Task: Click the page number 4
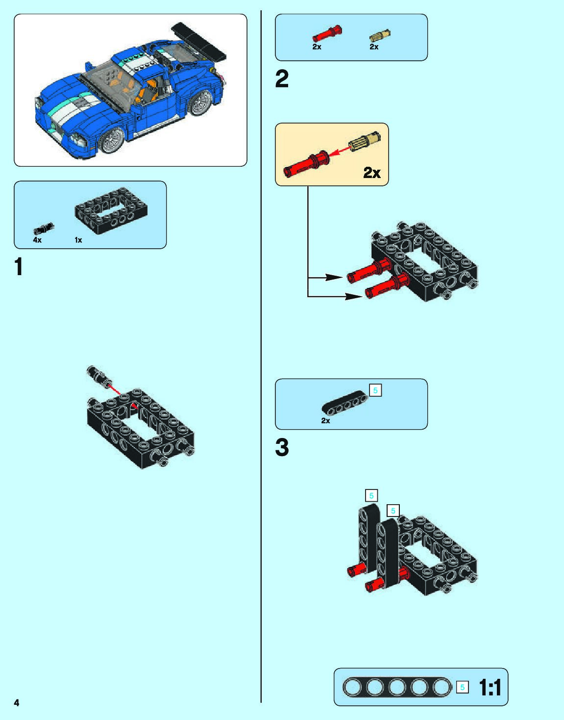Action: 17,702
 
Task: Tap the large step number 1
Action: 19,267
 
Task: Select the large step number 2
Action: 282,79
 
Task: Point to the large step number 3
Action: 282,447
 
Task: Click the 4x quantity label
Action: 37,240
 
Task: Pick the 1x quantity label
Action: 78,240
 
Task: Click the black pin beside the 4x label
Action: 44,229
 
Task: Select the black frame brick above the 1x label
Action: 111,210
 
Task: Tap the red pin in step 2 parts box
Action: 327,34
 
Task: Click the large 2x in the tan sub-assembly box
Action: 372,173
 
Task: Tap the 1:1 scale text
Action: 490,687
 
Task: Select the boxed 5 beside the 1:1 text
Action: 462,687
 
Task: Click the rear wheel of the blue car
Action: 200,102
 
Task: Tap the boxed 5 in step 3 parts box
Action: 375,390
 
